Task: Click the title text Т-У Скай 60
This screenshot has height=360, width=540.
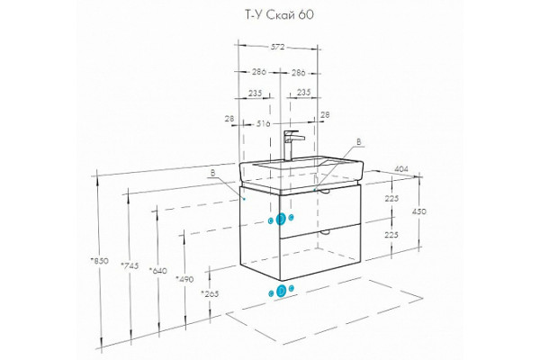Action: pos(279,15)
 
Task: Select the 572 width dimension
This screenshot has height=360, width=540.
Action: pos(277,47)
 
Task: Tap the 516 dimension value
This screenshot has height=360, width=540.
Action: pos(264,123)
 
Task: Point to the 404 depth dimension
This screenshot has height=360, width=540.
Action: pos(401,169)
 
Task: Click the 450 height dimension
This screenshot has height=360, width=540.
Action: pos(419,211)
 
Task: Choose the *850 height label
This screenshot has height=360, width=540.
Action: pos(100,261)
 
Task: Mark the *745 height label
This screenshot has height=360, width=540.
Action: pos(130,265)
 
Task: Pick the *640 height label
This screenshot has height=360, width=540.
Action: pos(158,271)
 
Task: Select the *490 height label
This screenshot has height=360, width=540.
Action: pos(184,279)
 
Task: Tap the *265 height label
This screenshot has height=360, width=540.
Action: pos(210,294)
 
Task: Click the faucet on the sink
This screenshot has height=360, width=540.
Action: pos(292,146)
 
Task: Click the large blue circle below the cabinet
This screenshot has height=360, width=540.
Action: pos(282,292)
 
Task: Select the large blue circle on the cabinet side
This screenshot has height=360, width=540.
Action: pos(281,219)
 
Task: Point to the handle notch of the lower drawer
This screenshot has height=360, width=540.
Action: pos(324,234)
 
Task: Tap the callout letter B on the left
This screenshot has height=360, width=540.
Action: pos(212,173)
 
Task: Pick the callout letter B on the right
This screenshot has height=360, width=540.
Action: pos(358,141)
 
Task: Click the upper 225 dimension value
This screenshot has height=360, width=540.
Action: pos(391,198)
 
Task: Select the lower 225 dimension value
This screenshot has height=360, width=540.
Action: pos(391,235)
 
